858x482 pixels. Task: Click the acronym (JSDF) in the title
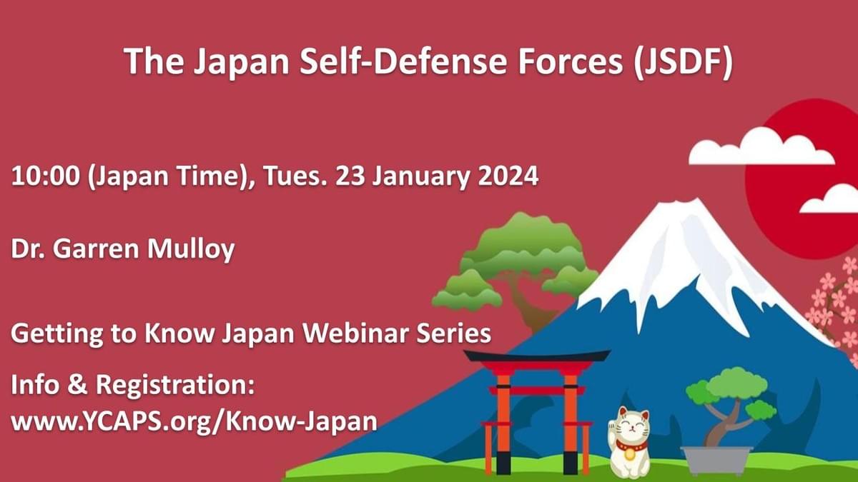[x=684, y=62]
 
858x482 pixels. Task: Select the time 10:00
[x=46, y=176]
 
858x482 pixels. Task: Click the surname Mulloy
[x=191, y=249]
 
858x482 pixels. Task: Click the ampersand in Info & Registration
[x=78, y=384]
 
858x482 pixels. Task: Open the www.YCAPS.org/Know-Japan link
[x=194, y=422]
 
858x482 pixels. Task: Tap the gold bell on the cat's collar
[x=629, y=453]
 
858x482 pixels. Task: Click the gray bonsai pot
[x=716, y=461]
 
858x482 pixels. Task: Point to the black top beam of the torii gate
[x=537, y=356]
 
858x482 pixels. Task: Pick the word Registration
[x=175, y=386]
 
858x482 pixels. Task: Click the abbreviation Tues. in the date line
[x=295, y=176]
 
